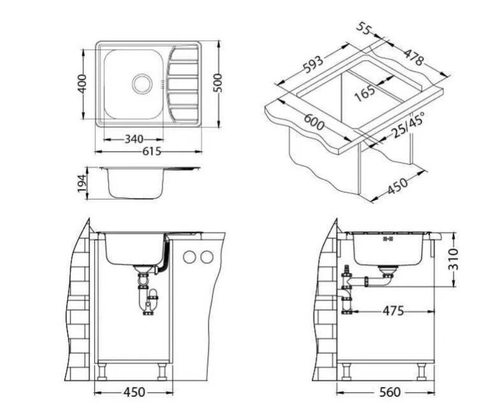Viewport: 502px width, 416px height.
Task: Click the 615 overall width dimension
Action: point(152,151)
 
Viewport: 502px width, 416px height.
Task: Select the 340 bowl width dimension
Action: point(134,140)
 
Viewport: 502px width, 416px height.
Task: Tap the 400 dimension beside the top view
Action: point(83,84)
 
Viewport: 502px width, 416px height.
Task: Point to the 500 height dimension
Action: point(218,83)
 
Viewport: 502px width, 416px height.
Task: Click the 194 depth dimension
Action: point(83,183)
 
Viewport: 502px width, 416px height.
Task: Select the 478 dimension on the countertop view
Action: point(413,56)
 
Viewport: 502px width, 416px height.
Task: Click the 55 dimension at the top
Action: point(364,29)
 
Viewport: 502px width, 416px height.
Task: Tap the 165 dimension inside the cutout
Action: point(365,92)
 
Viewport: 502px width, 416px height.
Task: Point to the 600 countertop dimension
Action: point(314,122)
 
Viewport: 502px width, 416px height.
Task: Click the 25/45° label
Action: point(408,125)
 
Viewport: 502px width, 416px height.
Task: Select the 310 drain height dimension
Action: point(453,260)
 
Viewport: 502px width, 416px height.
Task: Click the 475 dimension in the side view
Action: point(393,311)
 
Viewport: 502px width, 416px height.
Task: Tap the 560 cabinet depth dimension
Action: point(389,392)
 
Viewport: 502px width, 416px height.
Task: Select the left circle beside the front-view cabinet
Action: point(190,257)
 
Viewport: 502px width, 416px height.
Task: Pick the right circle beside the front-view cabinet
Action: point(207,257)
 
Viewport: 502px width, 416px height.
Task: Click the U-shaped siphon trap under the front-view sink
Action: point(148,299)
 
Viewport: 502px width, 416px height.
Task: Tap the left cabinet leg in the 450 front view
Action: point(102,372)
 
